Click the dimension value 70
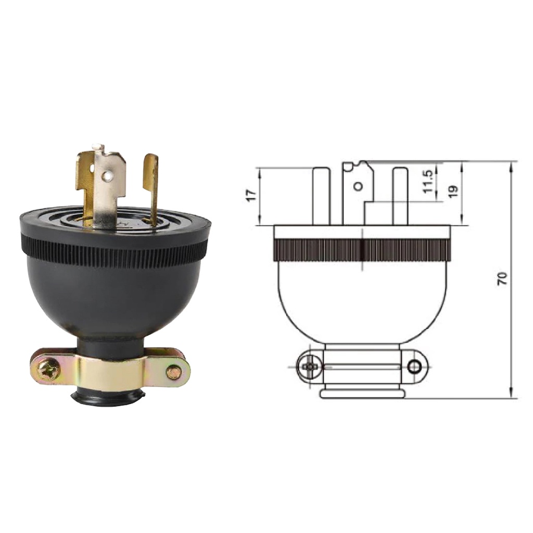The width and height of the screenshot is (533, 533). click(x=502, y=279)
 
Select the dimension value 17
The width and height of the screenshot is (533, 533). click(x=252, y=196)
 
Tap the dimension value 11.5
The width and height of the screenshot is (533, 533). click(x=428, y=182)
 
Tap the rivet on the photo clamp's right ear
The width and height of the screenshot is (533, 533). click(x=174, y=372)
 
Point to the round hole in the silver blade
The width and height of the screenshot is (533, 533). click(x=108, y=175)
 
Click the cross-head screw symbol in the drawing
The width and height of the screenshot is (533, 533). click(x=309, y=367)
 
